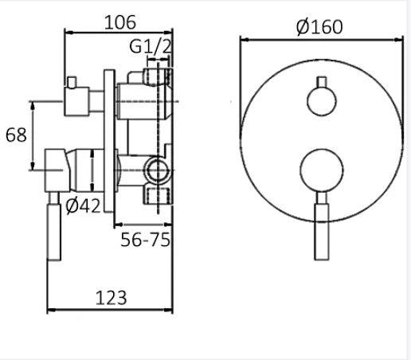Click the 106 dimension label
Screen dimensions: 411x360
coord(120,22)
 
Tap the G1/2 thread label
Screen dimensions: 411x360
coord(151,46)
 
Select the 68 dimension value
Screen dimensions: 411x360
coord(16,135)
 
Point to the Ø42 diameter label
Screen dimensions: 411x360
coord(83,205)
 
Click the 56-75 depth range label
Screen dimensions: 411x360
coord(145,240)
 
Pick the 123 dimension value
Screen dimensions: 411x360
coord(111,298)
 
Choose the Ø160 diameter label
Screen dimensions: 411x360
coord(319,27)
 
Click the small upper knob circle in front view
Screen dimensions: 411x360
coord(322,101)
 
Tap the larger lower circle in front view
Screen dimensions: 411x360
coord(322,170)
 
